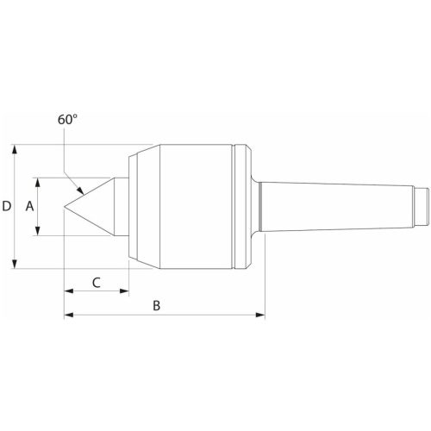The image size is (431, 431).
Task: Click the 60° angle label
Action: (68, 121)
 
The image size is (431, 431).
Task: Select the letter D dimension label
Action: (7, 207)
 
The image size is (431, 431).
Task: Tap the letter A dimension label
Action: (29, 207)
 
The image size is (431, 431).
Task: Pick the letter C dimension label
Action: (97, 281)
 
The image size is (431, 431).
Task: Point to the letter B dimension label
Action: (157, 305)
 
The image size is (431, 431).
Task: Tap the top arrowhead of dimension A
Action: (39, 181)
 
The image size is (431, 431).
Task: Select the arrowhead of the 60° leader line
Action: (81, 192)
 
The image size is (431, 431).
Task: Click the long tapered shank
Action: (336, 206)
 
